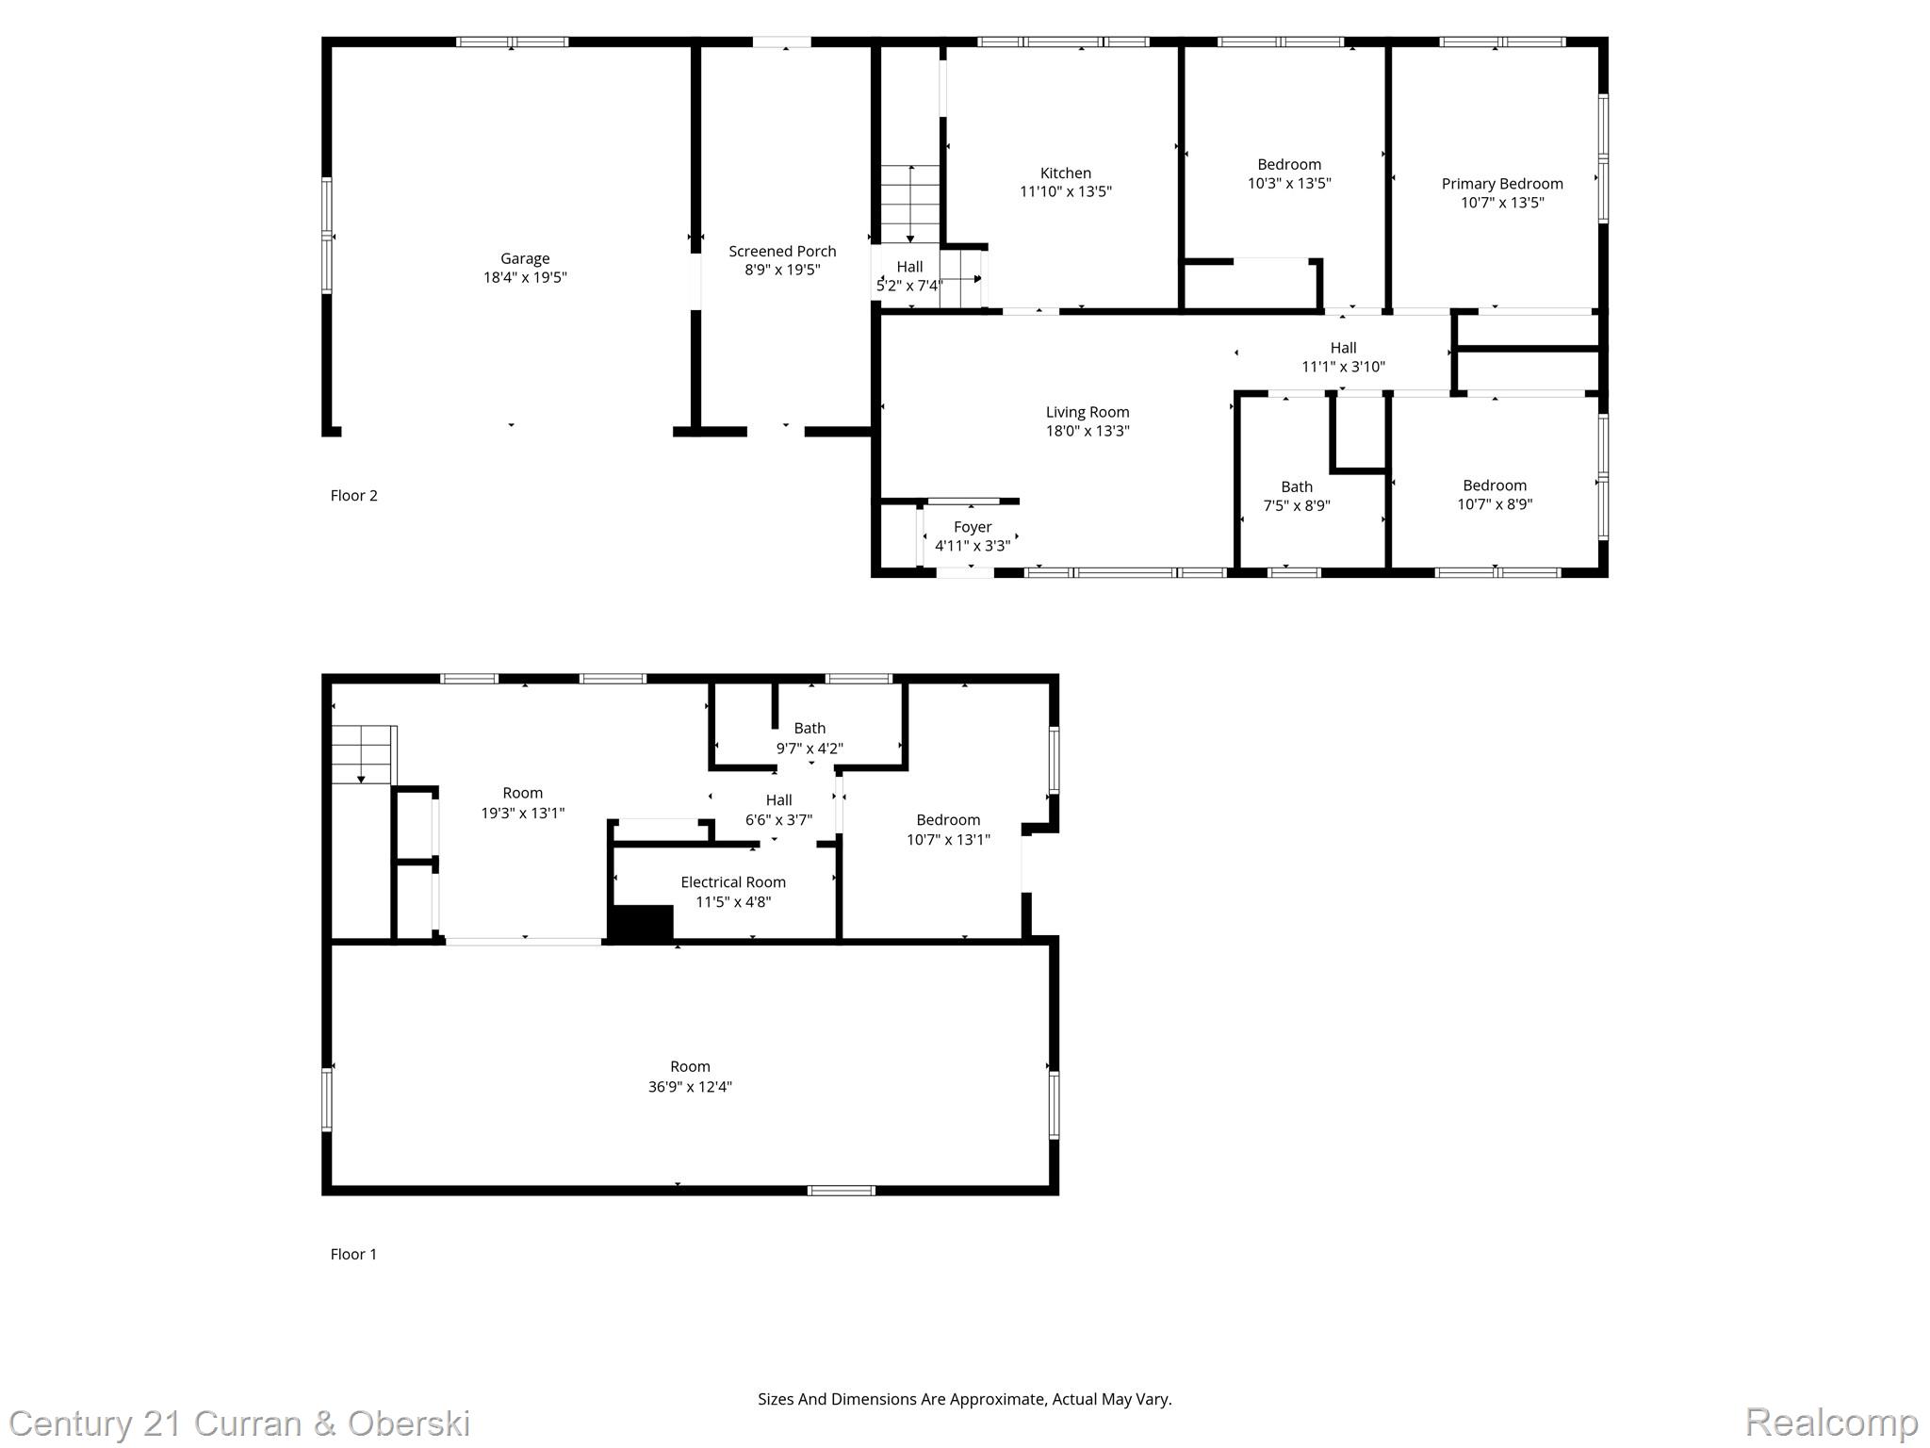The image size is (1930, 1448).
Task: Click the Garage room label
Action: (525, 258)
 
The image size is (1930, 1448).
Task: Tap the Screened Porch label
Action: (782, 251)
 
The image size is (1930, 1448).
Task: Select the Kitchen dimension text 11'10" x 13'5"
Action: (1066, 191)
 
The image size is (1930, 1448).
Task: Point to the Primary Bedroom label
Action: (1502, 184)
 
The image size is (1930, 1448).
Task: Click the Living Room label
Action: (1088, 412)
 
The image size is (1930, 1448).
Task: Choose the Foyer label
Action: (973, 527)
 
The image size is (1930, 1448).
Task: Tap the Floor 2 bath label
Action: (1297, 486)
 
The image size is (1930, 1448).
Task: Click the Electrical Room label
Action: (733, 882)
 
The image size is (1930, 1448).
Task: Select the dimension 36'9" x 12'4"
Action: (690, 1086)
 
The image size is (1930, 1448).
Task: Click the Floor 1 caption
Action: (353, 1254)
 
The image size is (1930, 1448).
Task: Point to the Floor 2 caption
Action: (353, 495)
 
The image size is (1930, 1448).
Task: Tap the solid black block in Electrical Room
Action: (642, 923)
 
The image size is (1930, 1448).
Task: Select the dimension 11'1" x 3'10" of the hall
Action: (1343, 367)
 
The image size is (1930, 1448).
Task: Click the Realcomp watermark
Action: (1832, 1422)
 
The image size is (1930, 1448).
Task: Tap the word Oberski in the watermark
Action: (409, 1423)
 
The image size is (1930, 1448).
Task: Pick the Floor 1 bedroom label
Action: (948, 820)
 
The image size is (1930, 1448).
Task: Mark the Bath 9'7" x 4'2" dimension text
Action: (810, 749)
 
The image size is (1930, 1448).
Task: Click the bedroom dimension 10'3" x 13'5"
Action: (1289, 183)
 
